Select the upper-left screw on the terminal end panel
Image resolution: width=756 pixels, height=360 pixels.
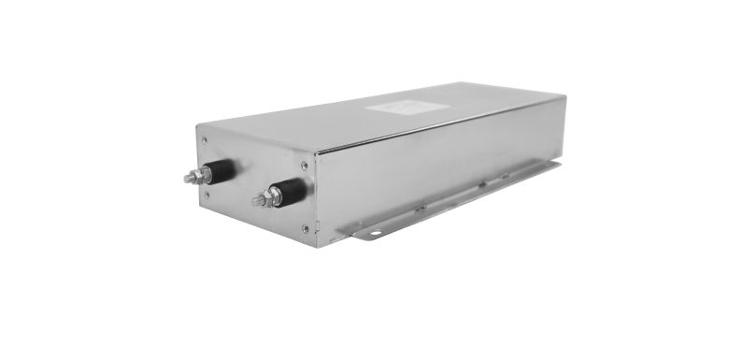tap(205, 141)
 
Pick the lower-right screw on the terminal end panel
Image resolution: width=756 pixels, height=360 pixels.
tap(306, 227)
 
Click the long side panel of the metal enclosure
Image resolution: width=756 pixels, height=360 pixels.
tap(439, 164)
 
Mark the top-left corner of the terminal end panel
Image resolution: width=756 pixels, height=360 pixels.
tap(197, 124)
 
